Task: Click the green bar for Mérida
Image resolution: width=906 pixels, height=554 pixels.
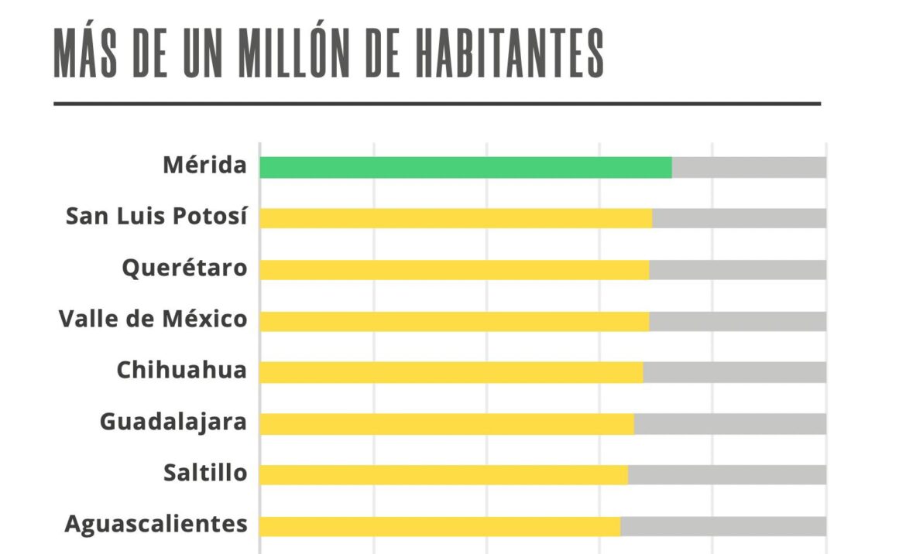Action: (465, 167)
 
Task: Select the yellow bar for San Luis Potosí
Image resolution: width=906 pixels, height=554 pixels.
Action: (455, 218)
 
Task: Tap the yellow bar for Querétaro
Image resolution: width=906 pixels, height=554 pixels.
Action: (454, 269)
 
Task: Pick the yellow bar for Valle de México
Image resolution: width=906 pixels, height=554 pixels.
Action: (454, 321)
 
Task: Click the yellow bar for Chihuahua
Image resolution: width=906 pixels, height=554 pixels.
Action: (451, 372)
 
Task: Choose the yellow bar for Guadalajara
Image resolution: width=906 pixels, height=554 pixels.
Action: (446, 424)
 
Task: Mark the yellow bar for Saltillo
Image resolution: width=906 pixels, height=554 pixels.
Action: (443, 475)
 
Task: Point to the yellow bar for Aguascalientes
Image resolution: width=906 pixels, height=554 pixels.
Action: (440, 526)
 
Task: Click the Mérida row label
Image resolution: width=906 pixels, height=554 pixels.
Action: (204, 165)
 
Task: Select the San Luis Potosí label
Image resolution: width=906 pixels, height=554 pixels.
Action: (156, 216)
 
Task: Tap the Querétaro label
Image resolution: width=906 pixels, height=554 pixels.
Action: (184, 268)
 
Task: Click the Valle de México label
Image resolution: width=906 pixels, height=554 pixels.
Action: (153, 319)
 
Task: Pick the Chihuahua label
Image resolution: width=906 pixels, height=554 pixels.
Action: (181, 371)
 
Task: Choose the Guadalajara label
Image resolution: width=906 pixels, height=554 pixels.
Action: (173, 422)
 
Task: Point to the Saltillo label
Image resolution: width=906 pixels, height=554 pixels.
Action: (205, 473)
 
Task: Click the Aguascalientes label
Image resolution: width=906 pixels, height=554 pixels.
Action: (156, 524)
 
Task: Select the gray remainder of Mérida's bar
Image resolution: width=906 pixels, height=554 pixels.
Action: (749, 167)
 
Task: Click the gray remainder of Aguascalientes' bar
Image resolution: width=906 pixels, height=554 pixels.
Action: (723, 526)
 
